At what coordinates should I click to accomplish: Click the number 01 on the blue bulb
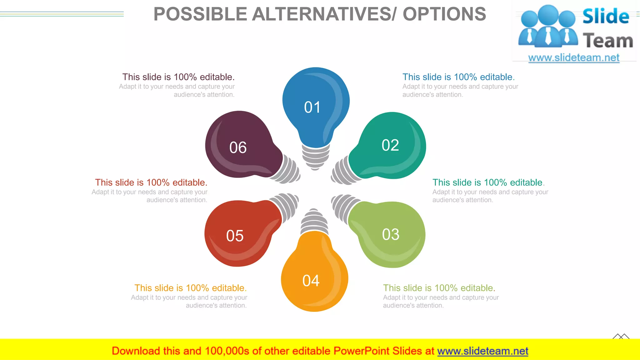coord(312,107)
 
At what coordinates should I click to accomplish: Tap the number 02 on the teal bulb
coord(390,145)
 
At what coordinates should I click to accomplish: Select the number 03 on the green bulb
coord(391,234)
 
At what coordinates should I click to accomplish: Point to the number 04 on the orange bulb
coord(311,281)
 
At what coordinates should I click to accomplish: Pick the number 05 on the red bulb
coord(235,236)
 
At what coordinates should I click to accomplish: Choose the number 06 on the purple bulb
coord(238,147)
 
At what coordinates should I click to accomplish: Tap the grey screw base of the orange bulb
coord(314,222)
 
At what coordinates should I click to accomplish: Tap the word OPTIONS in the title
coord(444,14)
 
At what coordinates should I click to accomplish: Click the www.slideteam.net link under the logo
coord(574,58)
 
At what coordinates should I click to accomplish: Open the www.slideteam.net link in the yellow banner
coord(482,351)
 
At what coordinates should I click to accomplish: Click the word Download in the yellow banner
coord(136,351)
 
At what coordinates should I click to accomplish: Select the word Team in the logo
coord(608,41)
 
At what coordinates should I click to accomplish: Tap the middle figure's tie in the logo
coord(548,35)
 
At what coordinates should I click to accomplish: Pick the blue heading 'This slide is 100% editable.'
coord(458,77)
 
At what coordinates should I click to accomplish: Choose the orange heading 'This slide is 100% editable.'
coord(190,288)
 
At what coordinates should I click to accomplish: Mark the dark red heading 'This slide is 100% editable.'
coord(151,182)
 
